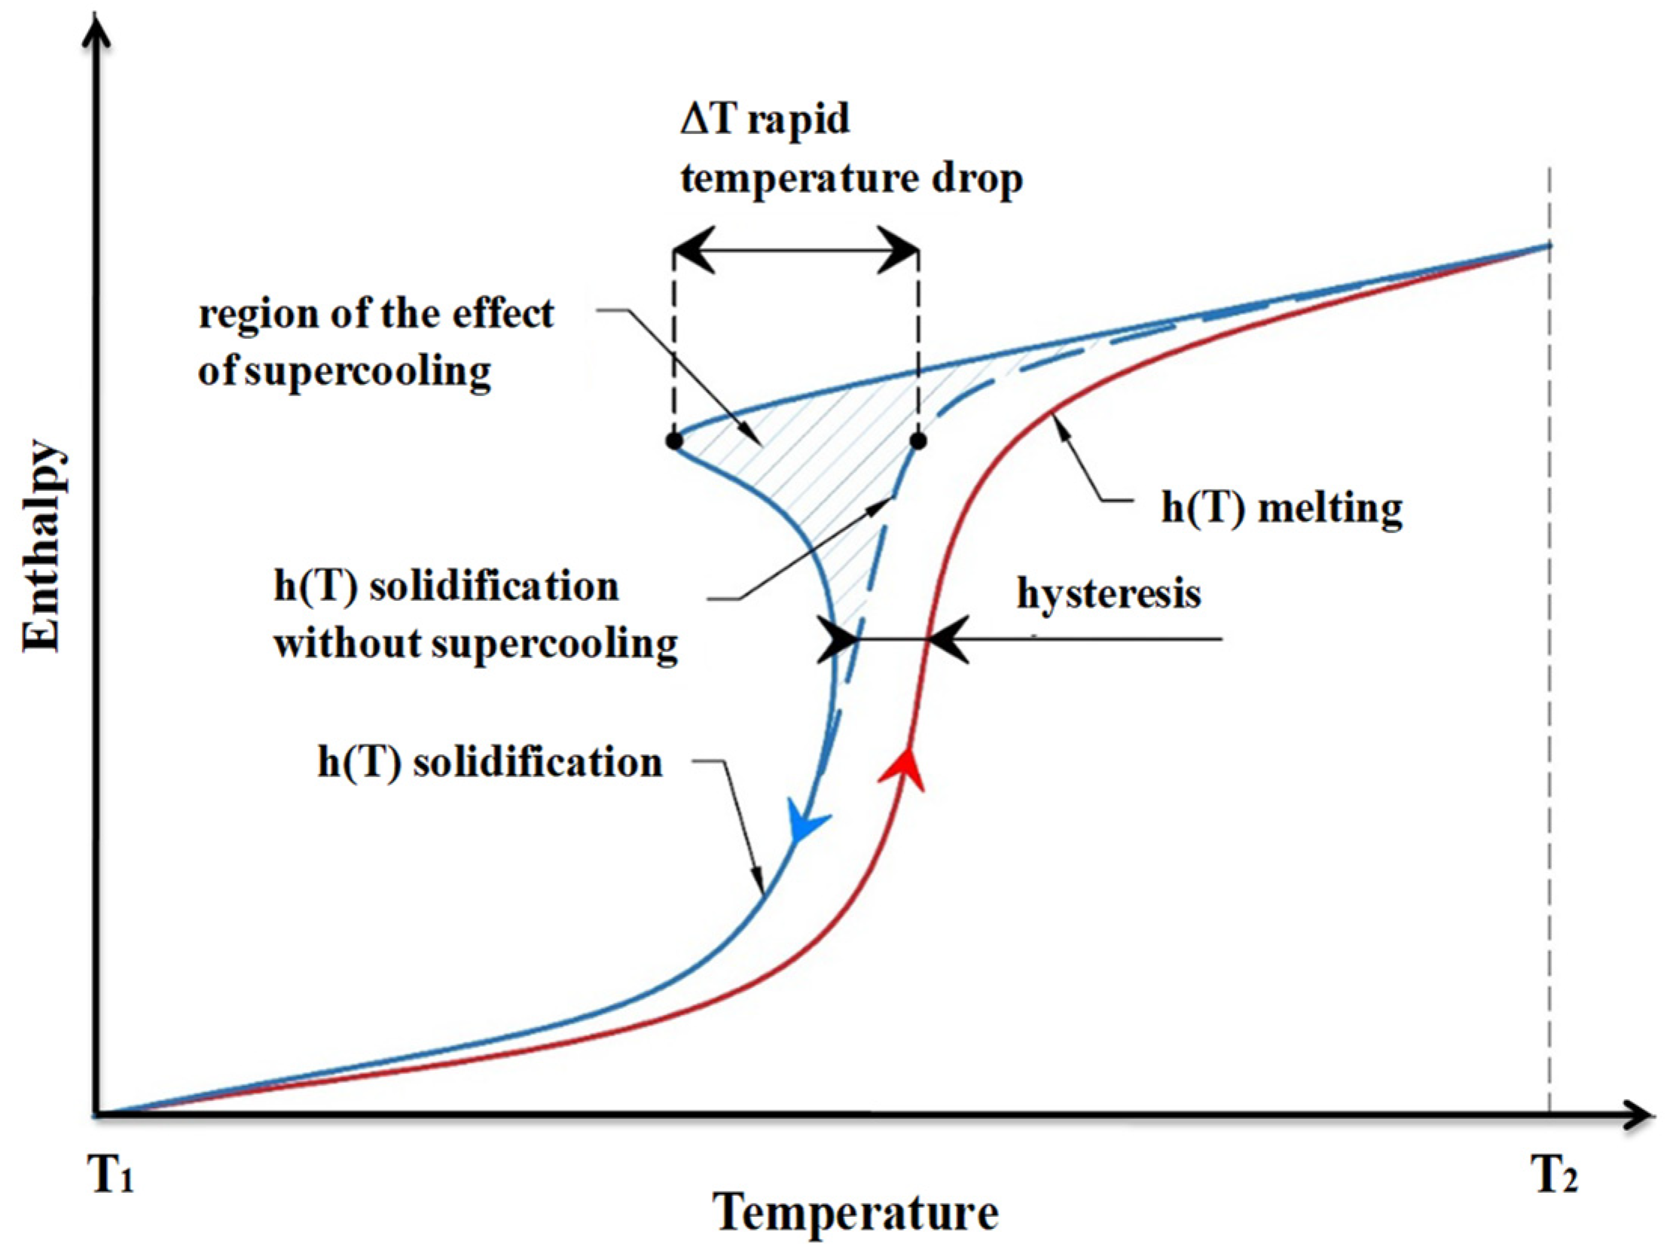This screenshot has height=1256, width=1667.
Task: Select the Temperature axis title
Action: (856, 1213)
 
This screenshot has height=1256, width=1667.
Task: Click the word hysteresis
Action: (1109, 593)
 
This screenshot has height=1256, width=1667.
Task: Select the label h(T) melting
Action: (1282, 508)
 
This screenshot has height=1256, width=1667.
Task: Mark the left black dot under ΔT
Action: (674, 441)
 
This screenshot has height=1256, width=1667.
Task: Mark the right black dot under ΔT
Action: (918, 441)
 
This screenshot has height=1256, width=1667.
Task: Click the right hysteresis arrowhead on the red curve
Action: (948, 641)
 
